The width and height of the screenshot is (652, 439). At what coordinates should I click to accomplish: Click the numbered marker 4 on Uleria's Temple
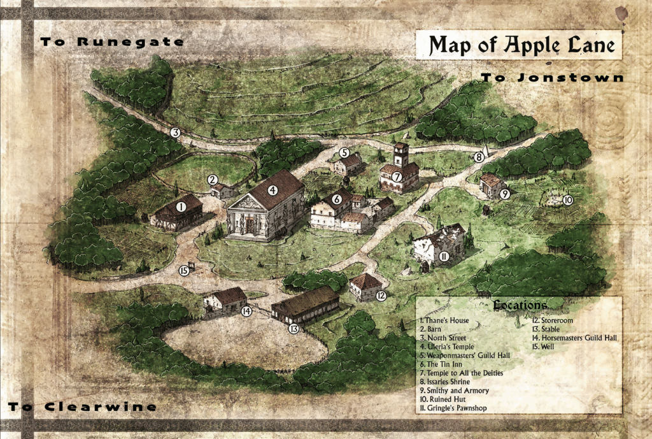pos(273,189)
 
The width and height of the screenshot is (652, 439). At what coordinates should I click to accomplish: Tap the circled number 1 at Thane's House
pos(181,206)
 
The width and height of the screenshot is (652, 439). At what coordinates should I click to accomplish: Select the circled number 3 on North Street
pos(175,133)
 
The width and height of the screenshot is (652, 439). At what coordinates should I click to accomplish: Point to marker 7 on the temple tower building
pos(396,176)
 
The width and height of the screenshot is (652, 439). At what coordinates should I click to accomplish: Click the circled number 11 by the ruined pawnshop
pos(444,256)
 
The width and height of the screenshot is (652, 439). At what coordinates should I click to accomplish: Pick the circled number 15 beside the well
pos(184,270)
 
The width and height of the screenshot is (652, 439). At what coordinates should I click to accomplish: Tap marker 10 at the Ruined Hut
pos(567,199)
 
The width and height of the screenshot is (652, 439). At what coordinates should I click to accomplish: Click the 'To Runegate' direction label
pos(112,42)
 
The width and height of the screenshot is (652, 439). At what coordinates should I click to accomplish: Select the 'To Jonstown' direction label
pos(551,78)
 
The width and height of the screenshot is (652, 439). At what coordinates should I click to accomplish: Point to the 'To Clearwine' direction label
pos(82,407)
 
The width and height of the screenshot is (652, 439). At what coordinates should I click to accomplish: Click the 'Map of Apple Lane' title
pos(518,45)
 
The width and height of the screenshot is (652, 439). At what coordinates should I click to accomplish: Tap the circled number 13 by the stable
pos(294,329)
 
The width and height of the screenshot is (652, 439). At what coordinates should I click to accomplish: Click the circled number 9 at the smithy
pos(504,194)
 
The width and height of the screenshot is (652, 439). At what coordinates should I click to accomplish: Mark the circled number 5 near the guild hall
pos(344,153)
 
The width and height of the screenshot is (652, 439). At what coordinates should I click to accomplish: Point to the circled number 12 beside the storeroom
pos(381,295)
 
